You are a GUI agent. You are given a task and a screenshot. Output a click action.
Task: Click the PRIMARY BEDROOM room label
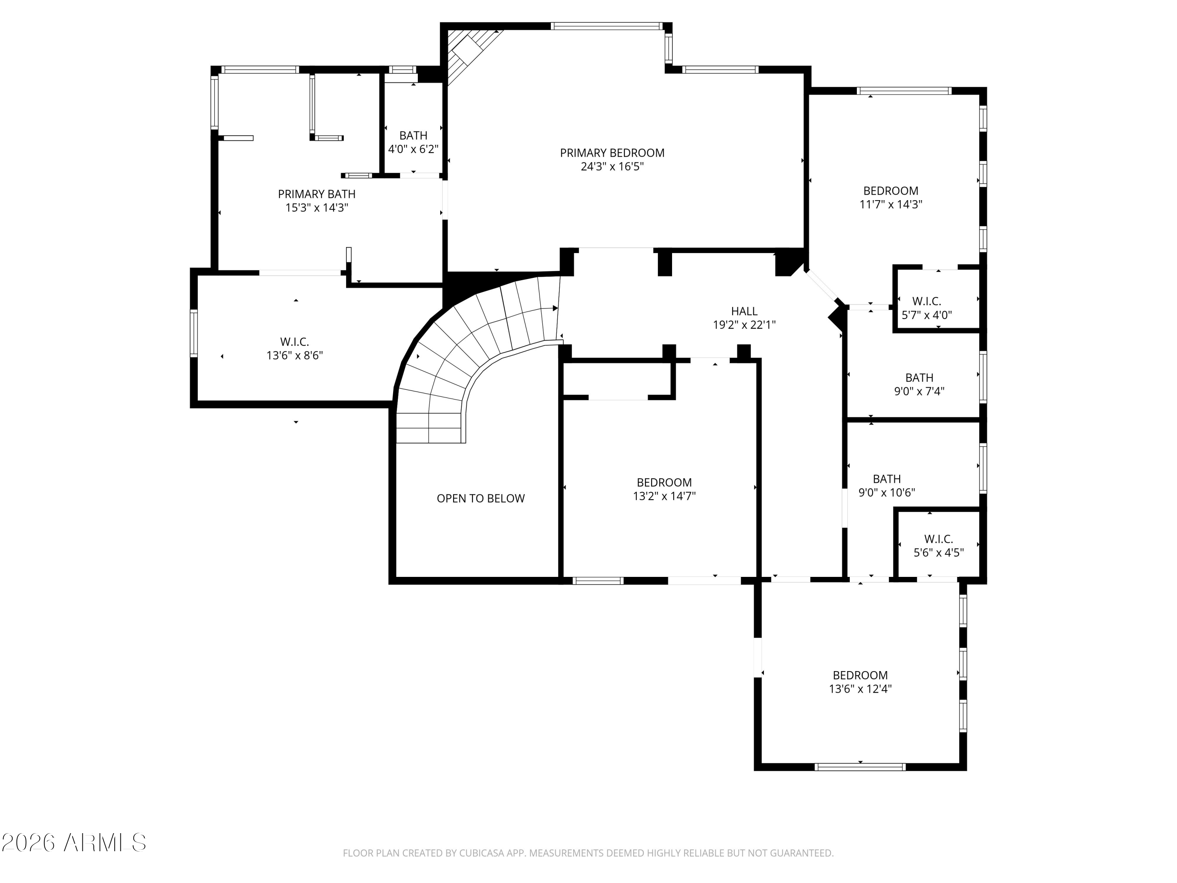click(612, 153)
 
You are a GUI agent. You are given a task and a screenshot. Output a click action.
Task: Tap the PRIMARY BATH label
click(317, 194)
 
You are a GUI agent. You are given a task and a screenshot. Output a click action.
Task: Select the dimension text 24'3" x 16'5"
click(612, 167)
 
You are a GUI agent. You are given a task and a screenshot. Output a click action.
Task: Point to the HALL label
click(744, 311)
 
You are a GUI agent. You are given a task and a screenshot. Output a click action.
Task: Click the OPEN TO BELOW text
click(481, 498)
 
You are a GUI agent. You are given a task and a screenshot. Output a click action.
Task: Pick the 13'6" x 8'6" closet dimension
click(295, 356)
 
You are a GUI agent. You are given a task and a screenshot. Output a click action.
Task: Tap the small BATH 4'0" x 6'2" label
click(414, 142)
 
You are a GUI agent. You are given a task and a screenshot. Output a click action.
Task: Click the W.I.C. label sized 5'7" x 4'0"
click(926, 308)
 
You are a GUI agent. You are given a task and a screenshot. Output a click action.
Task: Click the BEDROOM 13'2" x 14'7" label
click(664, 489)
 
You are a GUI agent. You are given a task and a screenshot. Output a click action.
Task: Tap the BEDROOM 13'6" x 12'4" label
click(860, 682)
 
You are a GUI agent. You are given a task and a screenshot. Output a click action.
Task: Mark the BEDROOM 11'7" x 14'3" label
click(890, 197)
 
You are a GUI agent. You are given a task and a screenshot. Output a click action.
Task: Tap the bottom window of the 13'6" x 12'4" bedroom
click(860, 767)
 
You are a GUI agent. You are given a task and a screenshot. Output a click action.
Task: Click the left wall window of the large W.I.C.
click(194, 333)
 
